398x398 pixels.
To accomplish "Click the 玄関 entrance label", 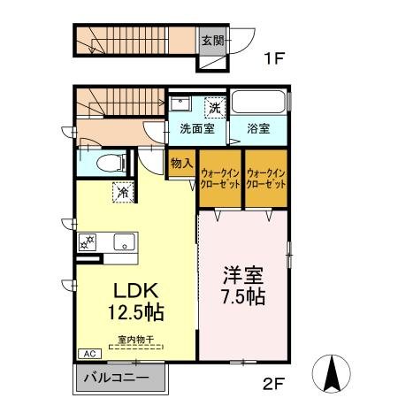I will [x=211, y=41].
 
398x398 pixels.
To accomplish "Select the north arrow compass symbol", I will [x=333, y=373].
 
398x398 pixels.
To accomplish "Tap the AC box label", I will [x=88, y=354].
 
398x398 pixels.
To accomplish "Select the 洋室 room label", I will [x=241, y=273].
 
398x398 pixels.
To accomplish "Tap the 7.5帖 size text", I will [x=243, y=296].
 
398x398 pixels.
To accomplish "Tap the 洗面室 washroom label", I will [x=197, y=129].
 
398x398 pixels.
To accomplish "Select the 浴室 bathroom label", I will [x=257, y=129].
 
